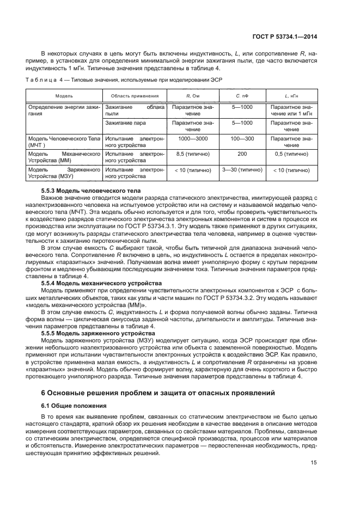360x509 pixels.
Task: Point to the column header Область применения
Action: pos(135,95)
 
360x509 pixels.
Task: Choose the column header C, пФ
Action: pos(242,95)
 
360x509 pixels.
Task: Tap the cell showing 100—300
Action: pos(242,139)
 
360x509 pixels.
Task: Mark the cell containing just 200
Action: pos(242,154)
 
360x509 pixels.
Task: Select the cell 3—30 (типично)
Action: pos(242,170)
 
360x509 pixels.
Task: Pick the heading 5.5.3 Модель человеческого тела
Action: pos(91,191)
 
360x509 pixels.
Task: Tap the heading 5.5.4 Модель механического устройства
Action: pos(101,283)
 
